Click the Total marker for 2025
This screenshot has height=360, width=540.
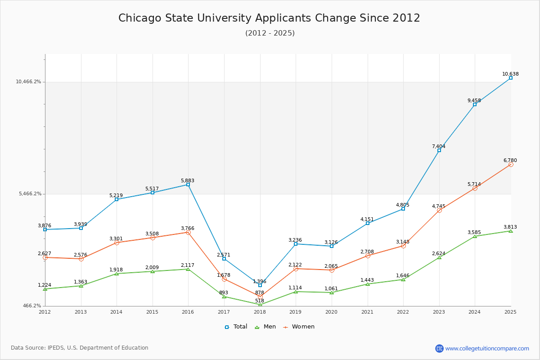[x=511, y=78]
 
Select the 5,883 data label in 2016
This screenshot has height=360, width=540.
[x=188, y=181]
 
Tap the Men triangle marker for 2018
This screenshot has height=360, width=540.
[x=260, y=305]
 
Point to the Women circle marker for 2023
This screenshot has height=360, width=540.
[x=439, y=211]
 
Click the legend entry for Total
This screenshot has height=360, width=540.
[x=236, y=327]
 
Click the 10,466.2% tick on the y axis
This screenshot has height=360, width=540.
[x=28, y=82]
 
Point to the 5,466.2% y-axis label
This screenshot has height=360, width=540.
[x=30, y=194]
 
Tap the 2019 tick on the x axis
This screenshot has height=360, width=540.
[x=296, y=312]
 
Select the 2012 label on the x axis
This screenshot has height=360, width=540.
[x=45, y=312]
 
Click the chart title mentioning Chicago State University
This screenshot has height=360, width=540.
[x=269, y=18]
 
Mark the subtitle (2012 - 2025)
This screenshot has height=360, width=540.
[x=270, y=33]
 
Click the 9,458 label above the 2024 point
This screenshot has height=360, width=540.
[x=474, y=101]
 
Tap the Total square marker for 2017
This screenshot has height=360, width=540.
[x=224, y=259]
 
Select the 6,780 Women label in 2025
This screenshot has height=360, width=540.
[x=510, y=161]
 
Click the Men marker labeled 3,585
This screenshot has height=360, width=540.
[x=475, y=236]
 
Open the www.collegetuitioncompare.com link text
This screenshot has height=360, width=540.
[x=487, y=348]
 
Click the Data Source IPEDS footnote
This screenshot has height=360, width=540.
[x=80, y=348]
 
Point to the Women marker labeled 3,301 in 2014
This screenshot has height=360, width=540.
[x=117, y=243]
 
